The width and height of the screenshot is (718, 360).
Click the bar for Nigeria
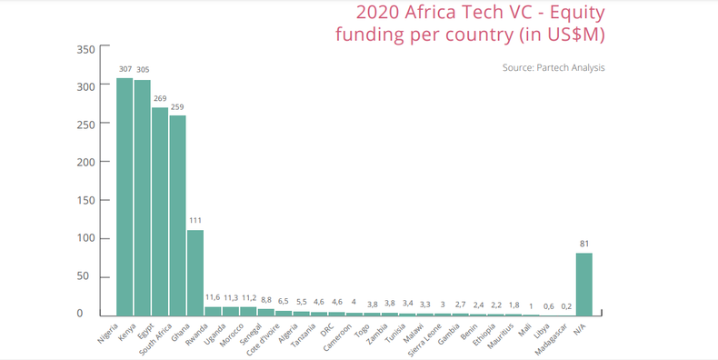[125, 196]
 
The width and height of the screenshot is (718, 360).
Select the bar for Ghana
[195, 272]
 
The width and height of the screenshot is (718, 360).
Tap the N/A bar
[583, 284]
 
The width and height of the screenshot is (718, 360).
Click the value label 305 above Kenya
[143, 69]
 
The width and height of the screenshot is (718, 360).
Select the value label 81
[583, 243]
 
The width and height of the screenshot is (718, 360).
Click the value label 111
[195, 220]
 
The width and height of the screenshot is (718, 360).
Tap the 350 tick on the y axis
[84, 49]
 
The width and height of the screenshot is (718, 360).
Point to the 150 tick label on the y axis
[84, 201]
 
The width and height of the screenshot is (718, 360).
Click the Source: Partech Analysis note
[553, 67]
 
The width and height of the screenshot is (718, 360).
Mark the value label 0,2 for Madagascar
[566, 306]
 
